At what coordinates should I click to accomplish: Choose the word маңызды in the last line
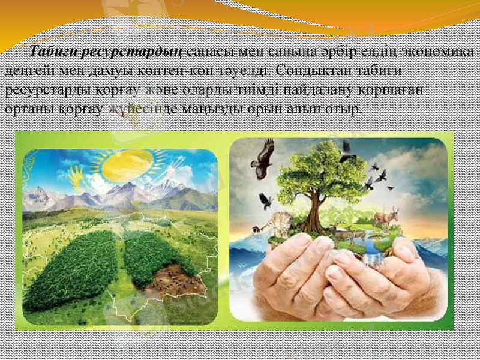(x=233, y=110)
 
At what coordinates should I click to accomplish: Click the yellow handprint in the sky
(x=77, y=175)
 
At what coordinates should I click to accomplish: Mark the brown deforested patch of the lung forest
(x=175, y=279)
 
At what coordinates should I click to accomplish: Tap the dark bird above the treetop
(x=346, y=151)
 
